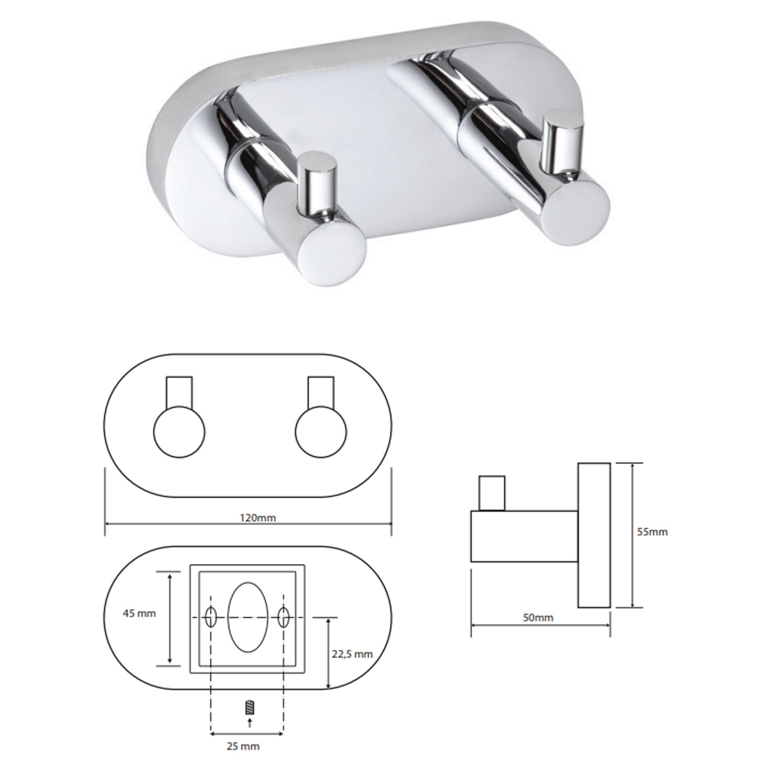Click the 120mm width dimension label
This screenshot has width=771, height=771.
(258, 518)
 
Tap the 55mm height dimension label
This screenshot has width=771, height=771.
(652, 532)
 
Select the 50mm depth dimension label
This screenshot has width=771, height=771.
(538, 618)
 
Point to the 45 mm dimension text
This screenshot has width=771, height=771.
(139, 613)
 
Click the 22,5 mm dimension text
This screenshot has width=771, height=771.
(352, 654)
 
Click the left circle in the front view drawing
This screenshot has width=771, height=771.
(180, 432)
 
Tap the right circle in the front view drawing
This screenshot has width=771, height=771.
(321, 432)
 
